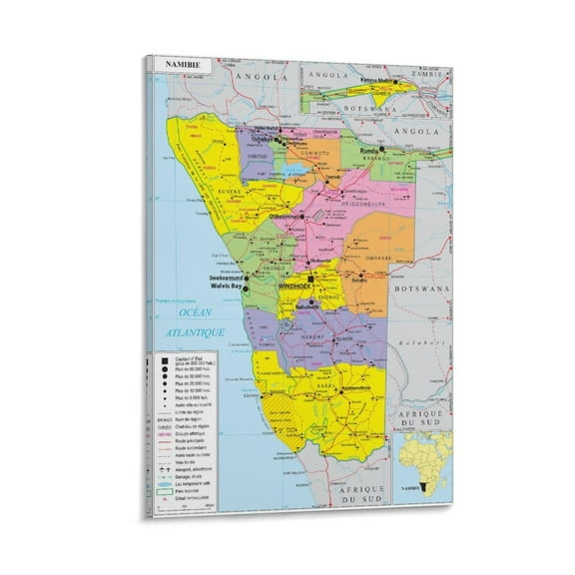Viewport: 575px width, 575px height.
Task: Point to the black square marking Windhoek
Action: (x=310, y=279)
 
